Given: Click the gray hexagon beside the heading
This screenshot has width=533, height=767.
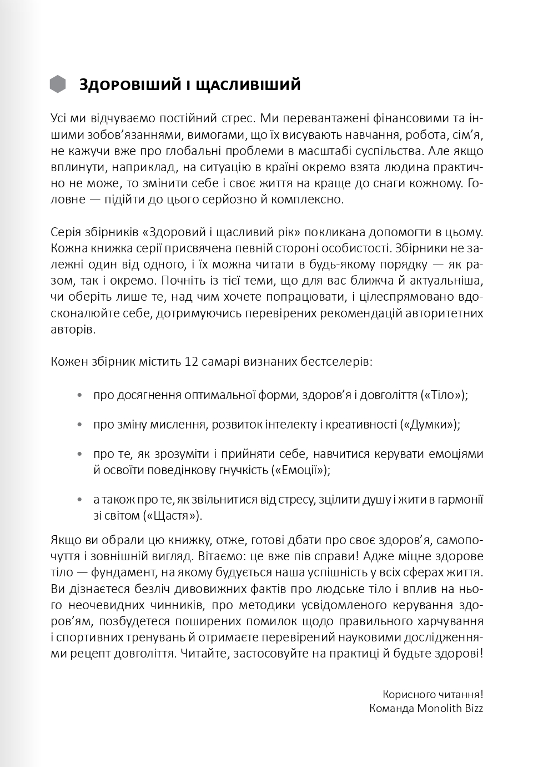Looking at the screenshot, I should pos(58,84).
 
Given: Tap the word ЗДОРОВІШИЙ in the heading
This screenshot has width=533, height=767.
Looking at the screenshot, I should pos(130,84).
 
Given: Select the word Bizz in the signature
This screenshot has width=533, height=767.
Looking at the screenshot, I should pos(472,709).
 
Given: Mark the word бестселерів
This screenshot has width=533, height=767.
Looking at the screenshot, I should pos(336,362).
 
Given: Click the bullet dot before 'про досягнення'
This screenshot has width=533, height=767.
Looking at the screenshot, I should pos(81,396).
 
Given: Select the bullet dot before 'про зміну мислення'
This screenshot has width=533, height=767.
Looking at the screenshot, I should pos(81,425).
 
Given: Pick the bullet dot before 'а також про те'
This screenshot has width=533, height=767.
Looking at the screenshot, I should pos(81,500).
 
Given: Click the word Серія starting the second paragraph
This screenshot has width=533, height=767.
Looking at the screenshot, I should pos(66,232).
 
